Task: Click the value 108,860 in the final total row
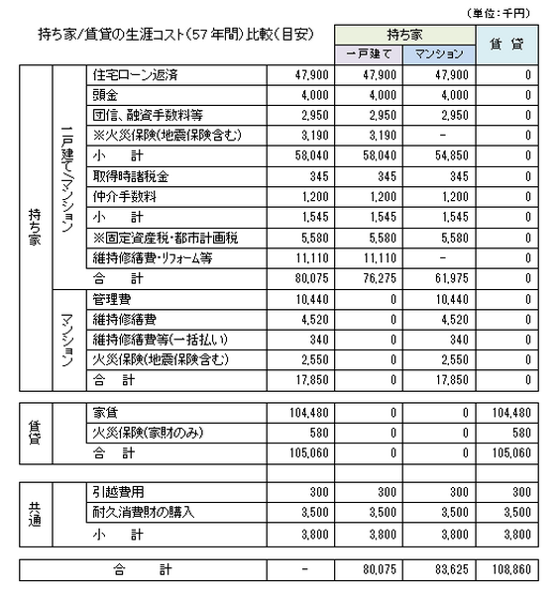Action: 516,571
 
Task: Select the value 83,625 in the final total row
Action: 440,571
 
